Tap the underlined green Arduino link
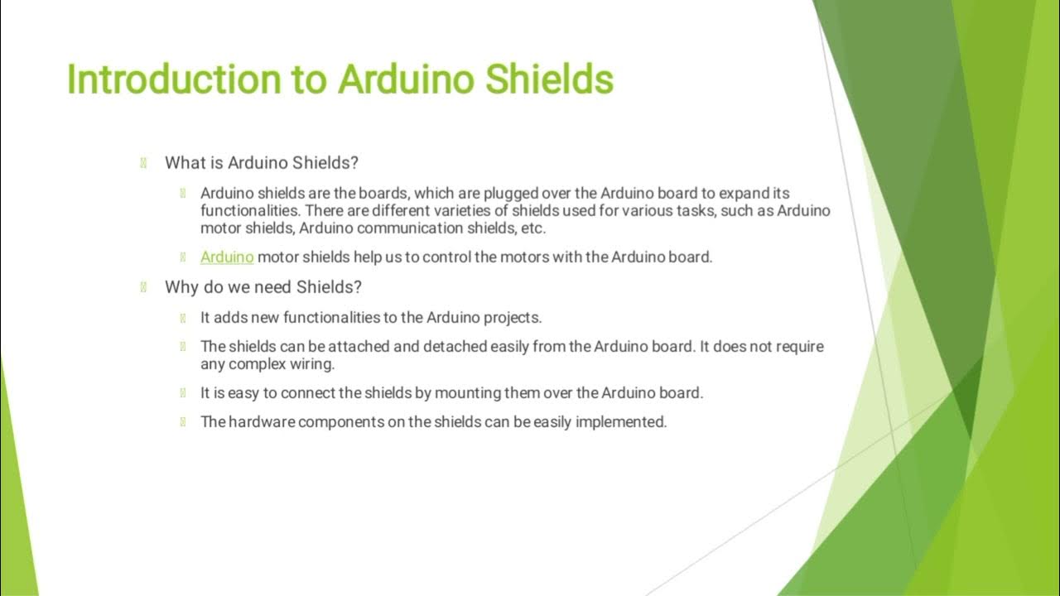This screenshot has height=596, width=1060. pyautogui.click(x=227, y=257)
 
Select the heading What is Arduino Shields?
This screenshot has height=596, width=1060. pyautogui.click(x=262, y=162)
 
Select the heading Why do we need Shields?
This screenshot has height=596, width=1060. pyautogui.click(x=263, y=287)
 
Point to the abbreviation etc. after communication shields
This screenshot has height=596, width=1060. pyautogui.click(x=532, y=228)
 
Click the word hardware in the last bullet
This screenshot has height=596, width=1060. pyautogui.click(x=261, y=421)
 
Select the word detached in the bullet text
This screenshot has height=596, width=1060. pyautogui.click(x=455, y=346)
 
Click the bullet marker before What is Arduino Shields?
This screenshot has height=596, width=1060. pyautogui.click(x=144, y=162)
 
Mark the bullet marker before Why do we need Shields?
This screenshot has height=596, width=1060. pyautogui.click(x=144, y=287)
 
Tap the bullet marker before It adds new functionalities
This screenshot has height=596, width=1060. pyautogui.click(x=182, y=317)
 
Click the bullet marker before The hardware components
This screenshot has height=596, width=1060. pyautogui.click(x=182, y=421)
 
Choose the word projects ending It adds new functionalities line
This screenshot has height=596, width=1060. pyautogui.click(x=513, y=317)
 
